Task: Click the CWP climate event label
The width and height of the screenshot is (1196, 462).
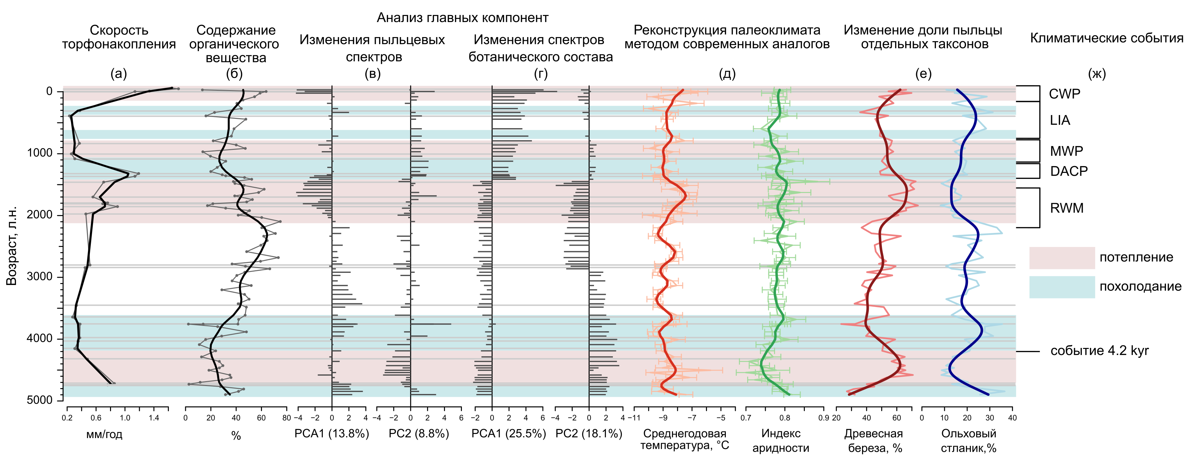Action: tap(1064, 94)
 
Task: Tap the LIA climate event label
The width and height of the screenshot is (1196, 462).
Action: tap(1060, 120)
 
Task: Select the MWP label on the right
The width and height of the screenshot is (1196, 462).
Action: tap(1066, 151)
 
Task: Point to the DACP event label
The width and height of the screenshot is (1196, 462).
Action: tap(1069, 172)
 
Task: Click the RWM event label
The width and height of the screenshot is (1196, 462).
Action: tap(1066, 208)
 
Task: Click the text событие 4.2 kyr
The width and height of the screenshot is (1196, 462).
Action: tap(1099, 351)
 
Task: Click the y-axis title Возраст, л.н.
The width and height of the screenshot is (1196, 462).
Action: tap(12, 245)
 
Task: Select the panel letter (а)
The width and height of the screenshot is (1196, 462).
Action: tap(118, 74)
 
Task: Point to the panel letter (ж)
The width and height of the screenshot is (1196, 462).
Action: tap(1097, 74)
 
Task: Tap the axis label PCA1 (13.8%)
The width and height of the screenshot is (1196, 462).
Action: tap(331, 434)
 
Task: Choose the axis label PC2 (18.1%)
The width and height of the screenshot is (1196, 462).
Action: tap(589, 434)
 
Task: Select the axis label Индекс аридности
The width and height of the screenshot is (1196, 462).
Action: tap(780, 441)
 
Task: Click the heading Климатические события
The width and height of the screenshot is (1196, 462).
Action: tap(1106, 38)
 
